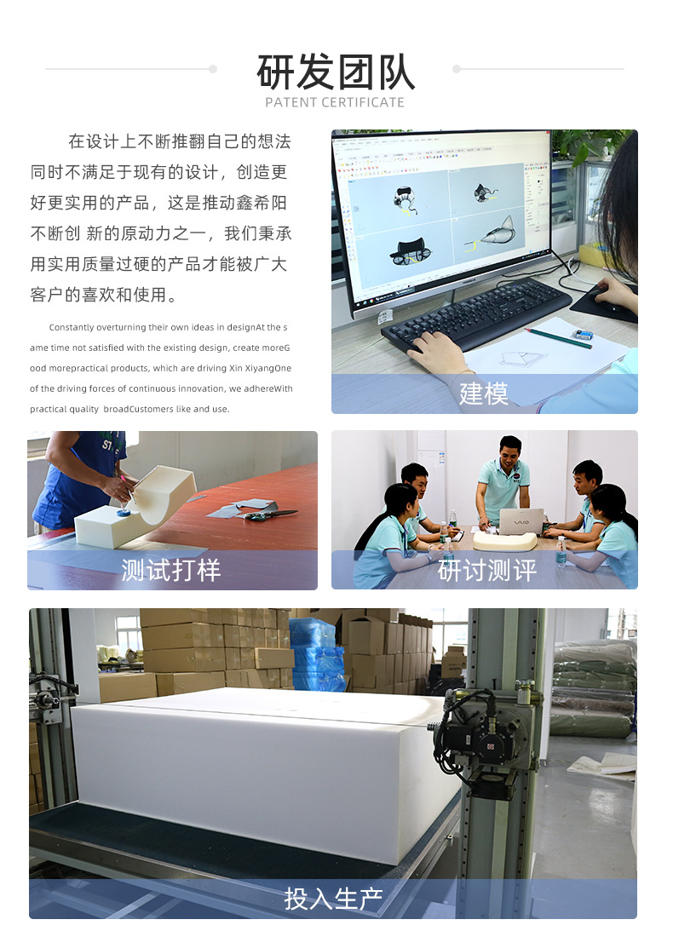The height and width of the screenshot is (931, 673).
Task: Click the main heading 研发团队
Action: [x=336, y=72]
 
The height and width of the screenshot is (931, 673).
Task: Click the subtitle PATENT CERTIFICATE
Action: [x=335, y=103]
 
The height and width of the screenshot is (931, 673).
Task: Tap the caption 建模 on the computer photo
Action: [x=483, y=394]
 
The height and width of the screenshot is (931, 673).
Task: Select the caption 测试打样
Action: [x=170, y=570]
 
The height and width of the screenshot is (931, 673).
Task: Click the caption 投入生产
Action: [x=333, y=899]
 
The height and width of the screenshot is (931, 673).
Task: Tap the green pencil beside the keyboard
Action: [x=558, y=338]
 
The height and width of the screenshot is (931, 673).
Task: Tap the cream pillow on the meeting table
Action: [x=504, y=540]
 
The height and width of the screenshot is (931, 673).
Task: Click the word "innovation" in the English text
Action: [x=201, y=388]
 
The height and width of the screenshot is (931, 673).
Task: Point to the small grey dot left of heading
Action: [x=213, y=69]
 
